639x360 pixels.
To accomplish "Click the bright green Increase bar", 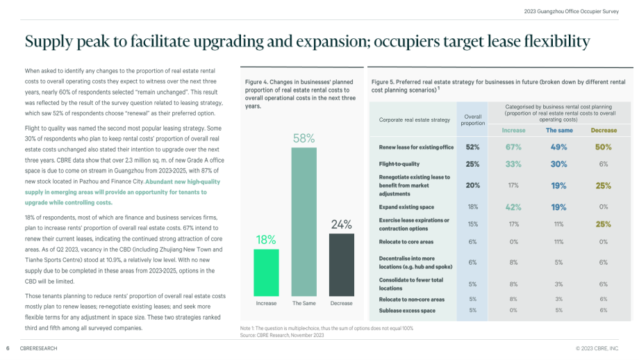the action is pos(266,272).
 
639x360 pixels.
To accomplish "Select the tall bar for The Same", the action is pos(304,222).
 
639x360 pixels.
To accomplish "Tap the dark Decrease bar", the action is pos(342,265).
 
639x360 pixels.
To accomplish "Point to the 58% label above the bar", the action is pos(304,138).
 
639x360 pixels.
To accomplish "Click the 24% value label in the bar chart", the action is pos(342,224).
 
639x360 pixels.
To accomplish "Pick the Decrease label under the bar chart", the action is pos(342,303).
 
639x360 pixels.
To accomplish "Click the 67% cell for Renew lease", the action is pos(513,147).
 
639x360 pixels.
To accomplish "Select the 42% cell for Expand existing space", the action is pos(513,207).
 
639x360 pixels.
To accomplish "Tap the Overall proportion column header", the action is pos(473,120).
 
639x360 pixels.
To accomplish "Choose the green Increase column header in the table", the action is pos(513,131).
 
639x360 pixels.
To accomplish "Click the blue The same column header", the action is pos(559,131).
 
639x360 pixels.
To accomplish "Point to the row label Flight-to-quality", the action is pos(399,164).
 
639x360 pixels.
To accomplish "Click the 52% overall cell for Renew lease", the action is pos(473,147).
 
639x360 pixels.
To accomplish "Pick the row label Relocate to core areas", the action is pos(406,242).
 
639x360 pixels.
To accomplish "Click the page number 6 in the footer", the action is pos(8,349).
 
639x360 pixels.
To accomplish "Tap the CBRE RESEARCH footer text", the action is pos(39,349).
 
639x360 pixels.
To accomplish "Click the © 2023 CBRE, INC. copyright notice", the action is pos(597,349).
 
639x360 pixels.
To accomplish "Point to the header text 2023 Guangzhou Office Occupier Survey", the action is pos(572,11).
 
